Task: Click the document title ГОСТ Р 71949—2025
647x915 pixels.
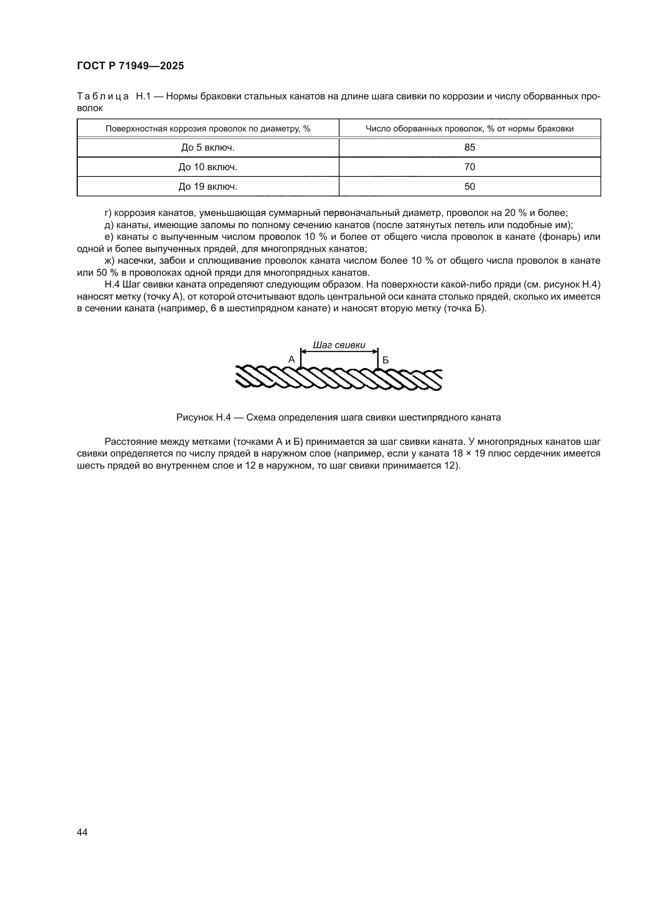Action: pos(130,66)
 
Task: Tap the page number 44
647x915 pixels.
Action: pos(82,832)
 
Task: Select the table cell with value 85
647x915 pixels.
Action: pos(469,147)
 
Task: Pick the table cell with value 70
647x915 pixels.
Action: pos(469,167)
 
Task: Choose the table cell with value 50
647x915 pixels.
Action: pos(469,187)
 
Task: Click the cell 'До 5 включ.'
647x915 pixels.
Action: pos(208,147)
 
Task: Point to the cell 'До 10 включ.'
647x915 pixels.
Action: pos(208,167)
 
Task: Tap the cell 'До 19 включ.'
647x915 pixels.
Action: pos(208,187)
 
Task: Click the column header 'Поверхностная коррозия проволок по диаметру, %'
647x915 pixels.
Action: pos(208,129)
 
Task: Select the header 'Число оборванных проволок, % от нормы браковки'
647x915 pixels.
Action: pos(469,129)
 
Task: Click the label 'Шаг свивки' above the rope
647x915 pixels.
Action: pos(339,345)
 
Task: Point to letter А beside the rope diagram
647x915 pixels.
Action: pos(292,360)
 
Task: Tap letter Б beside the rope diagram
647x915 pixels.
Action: pos(385,360)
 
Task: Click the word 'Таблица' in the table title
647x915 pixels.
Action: pos(103,97)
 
